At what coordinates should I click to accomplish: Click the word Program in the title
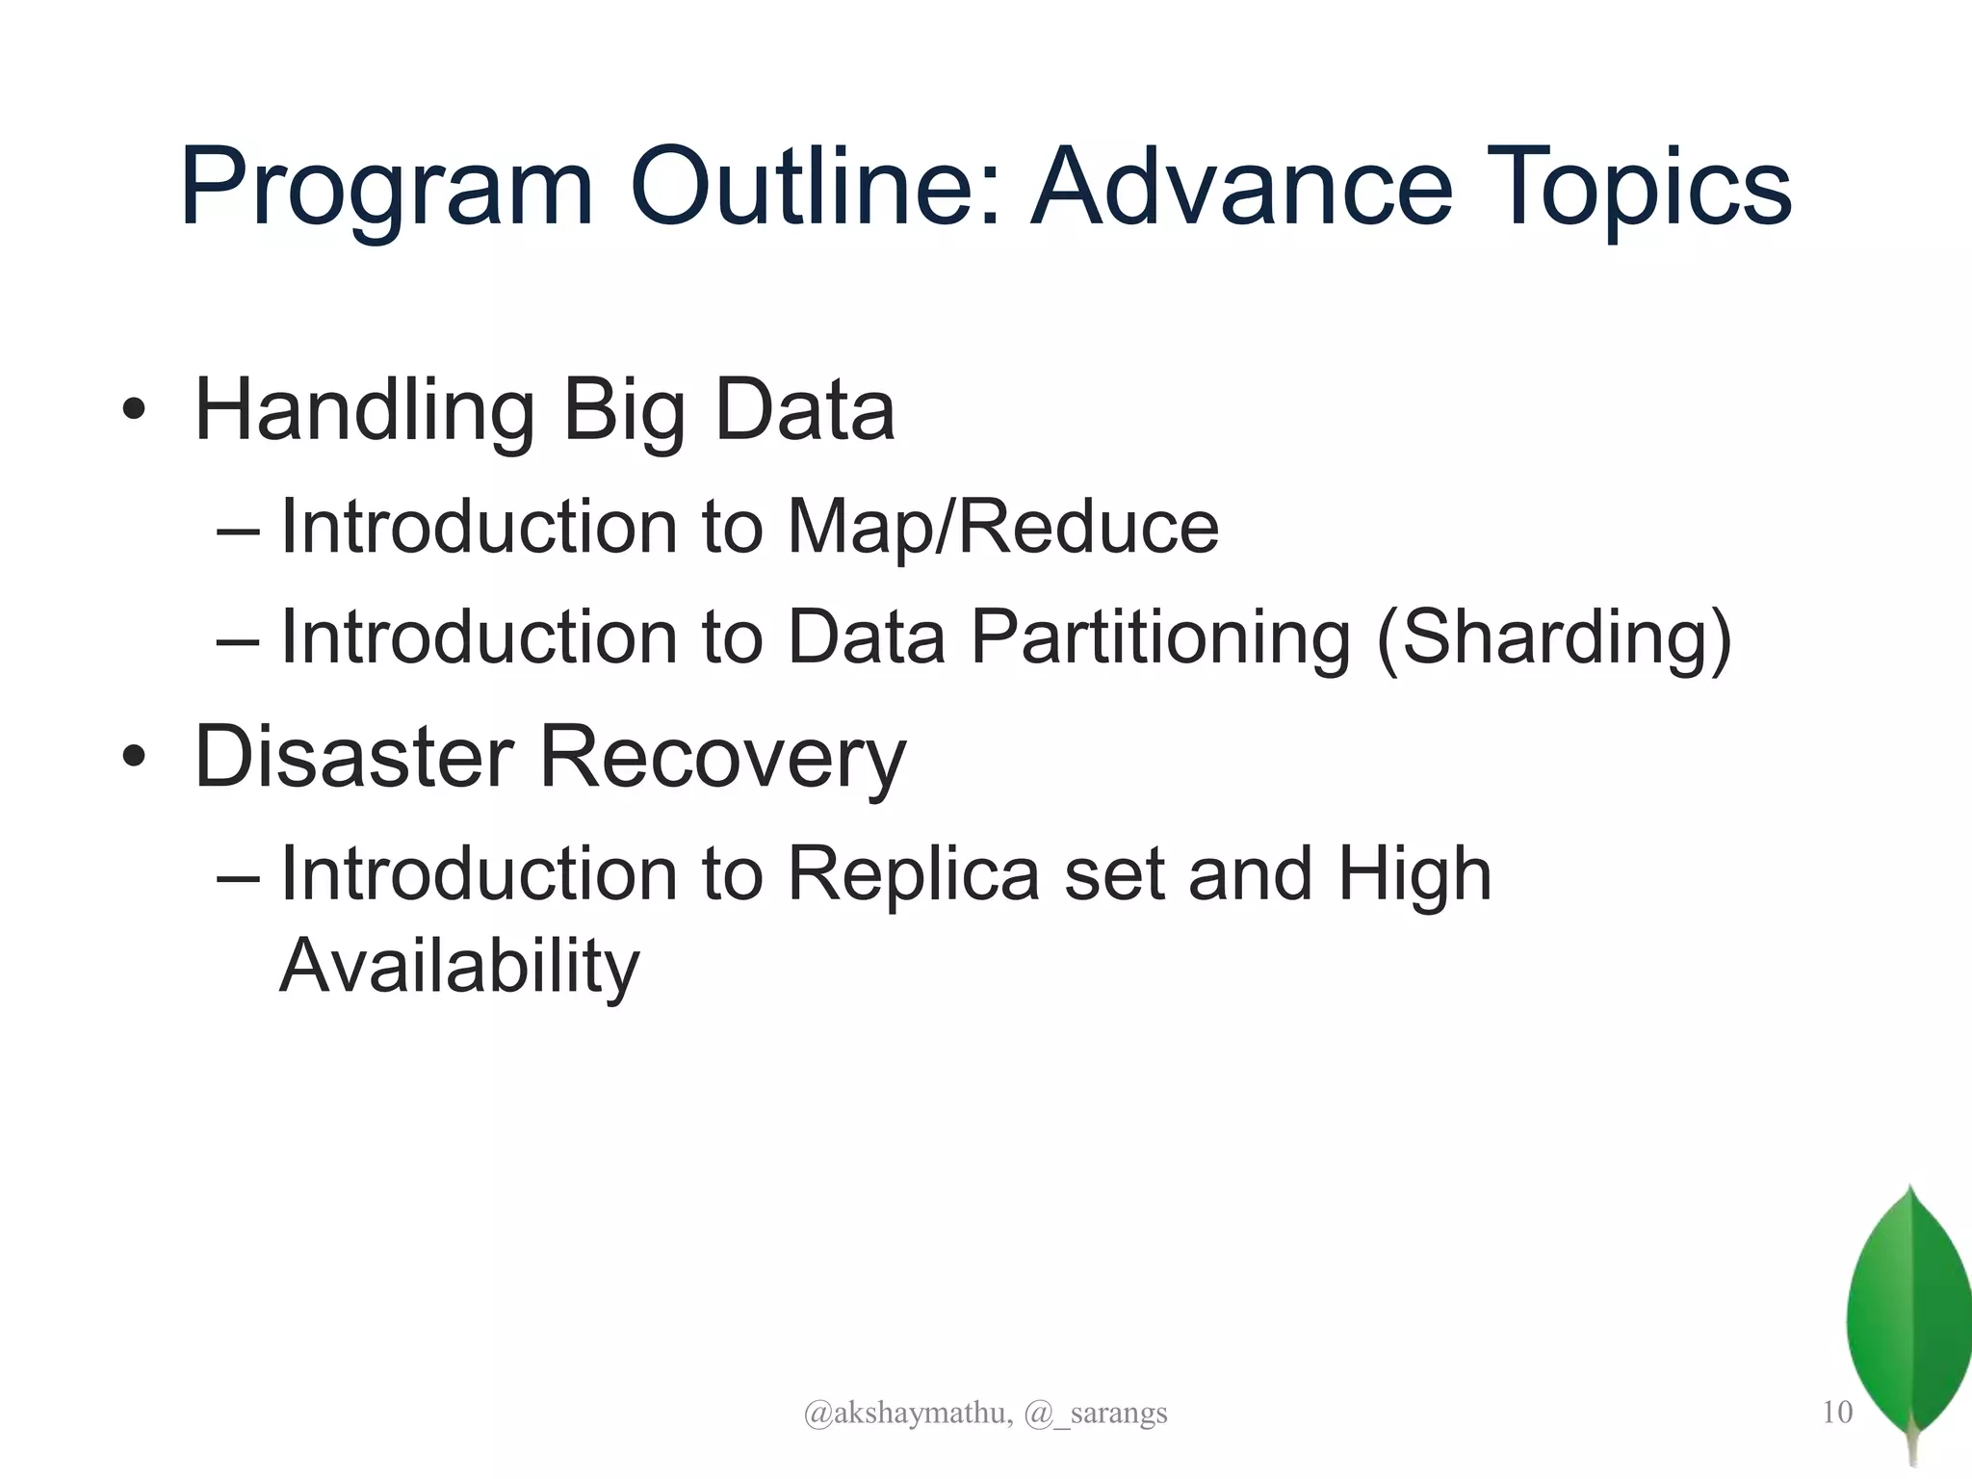tap(385, 188)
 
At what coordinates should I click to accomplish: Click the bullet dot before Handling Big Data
tap(134, 411)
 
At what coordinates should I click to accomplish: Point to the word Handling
tap(364, 412)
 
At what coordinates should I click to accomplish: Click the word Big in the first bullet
tap(622, 412)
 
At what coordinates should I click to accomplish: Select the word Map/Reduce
tap(1002, 528)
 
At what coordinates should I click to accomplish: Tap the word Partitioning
tap(1160, 637)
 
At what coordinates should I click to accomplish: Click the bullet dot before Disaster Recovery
tap(134, 758)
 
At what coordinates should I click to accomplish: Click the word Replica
tap(913, 874)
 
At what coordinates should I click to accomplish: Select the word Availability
tap(459, 967)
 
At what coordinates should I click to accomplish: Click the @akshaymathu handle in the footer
tap(907, 1414)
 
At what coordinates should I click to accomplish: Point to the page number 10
tap(1837, 1413)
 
